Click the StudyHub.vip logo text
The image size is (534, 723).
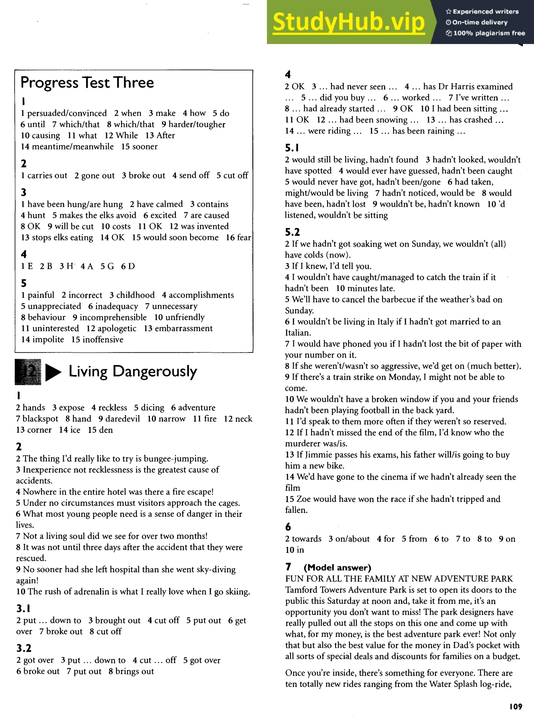(x=348, y=22)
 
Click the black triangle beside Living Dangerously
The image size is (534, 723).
(x=53, y=372)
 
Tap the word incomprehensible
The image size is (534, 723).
(x=113, y=317)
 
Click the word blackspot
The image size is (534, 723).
(x=40, y=419)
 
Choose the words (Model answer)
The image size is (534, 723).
(x=337, y=568)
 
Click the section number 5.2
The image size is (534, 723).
(x=292, y=232)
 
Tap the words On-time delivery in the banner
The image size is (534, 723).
(x=480, y=22)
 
